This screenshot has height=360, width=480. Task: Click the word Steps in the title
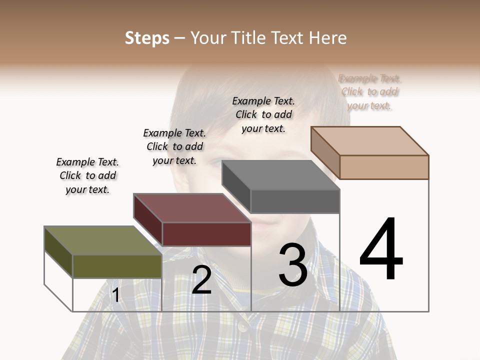pos(147,38)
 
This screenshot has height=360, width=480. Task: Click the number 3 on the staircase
pos(293,265)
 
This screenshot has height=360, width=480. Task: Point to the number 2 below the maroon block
pos(201,280)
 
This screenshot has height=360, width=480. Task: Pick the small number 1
pos(116,295)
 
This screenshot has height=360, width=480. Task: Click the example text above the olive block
pos(87,175)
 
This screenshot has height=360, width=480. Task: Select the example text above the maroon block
pos(174,146)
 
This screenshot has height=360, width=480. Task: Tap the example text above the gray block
pos(263,114)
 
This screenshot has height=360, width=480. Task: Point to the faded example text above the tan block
pos(369,91)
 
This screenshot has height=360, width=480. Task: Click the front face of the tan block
pos(384,167)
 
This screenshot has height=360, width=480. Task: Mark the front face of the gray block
pos(295,201)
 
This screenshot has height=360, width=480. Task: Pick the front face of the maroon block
pos(206,234)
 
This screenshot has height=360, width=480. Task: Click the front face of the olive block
pos(117,266)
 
